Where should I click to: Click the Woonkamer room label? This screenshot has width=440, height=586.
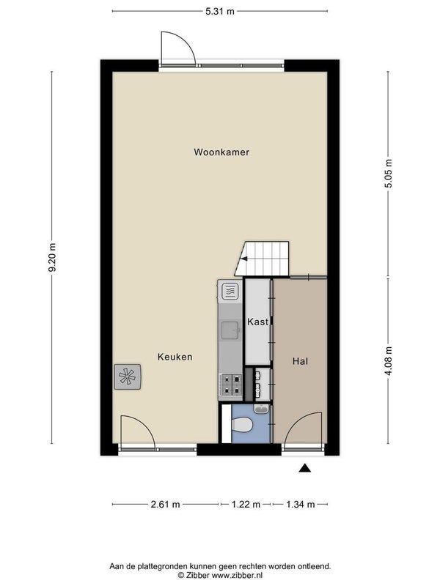(x=221, y=152)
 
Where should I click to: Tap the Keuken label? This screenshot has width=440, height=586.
(x=175, y=357)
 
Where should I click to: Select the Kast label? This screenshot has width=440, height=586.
(x=258, y=322)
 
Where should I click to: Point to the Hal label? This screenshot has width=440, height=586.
(x=300, y=361)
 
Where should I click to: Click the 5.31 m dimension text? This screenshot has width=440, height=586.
(x=219, y=11)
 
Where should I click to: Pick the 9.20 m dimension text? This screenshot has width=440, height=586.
(x=52, y=258)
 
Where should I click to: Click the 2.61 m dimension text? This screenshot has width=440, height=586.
(x=166, y=505)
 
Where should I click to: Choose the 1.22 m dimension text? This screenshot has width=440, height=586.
(x=246, y=505)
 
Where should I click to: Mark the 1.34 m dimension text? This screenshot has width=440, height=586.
(x=301, y=505)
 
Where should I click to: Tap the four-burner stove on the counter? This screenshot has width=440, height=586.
(x=231, y=385)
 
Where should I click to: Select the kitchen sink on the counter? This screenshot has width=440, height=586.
(x=231, y=330)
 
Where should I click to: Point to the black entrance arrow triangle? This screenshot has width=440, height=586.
(x=304, y=468)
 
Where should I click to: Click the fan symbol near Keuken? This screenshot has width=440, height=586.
(x=128, y=377)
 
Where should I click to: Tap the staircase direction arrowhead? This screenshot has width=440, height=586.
(x=244, y=259)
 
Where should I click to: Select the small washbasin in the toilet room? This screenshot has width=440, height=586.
(x=262, y=409)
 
